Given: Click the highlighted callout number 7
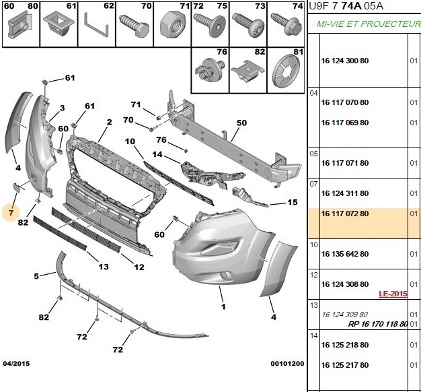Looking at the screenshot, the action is point(11,213).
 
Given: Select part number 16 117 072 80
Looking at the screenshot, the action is point(345,214).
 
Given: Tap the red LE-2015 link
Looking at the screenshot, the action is point(393,294).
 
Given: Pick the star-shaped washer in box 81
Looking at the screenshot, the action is point(286,71).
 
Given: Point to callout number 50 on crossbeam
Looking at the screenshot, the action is point(241,123).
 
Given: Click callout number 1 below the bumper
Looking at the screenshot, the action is point(223,306).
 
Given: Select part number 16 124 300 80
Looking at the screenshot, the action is point(345,61).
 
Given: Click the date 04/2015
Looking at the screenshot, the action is point(16,364).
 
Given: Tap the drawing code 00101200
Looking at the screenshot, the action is point(287,364).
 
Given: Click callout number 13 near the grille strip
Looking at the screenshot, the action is point(104,267).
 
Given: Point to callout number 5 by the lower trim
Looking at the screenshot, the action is point(36,276).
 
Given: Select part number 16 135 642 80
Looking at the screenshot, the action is point(345,254).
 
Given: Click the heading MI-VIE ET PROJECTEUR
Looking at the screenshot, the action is point(369,24).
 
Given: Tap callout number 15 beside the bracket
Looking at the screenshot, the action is point(293,202).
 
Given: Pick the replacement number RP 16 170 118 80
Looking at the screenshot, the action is point(378,324).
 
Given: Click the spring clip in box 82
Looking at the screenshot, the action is point(247,72).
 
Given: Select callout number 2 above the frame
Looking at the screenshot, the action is point(109,123).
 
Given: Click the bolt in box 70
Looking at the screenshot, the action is point(135,27).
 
